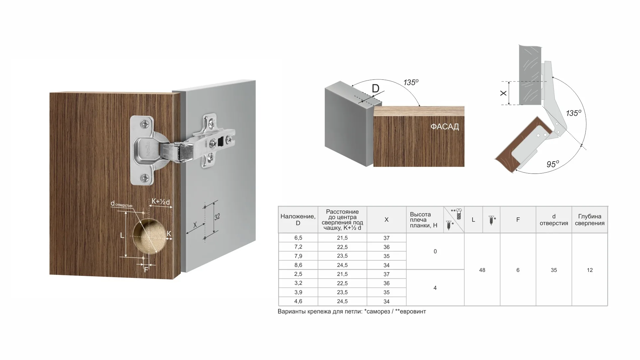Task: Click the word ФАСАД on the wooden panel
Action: click(x=445, y=127)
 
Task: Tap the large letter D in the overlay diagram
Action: click(x=375, y=88)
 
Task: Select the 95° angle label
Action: click(x=553, y=164)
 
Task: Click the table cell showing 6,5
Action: click(x=298, y=238)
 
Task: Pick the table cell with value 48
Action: click(x=482, y=270)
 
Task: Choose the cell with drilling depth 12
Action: click(x=590, y=270)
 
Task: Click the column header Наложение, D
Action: click(x=298, y=220)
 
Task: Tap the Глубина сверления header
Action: click(x=590, y=220)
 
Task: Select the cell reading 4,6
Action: click(x=298, y=301)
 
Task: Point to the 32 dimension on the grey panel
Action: click(x=217, y=217)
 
